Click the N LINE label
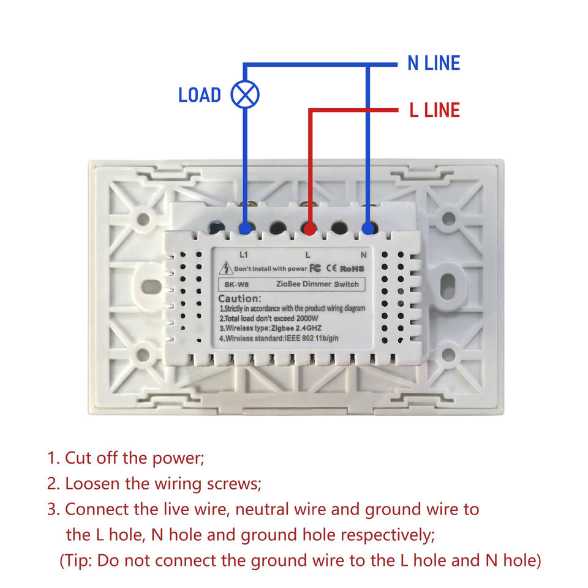(434, 63)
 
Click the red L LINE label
(434, 110)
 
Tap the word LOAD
(200, 95)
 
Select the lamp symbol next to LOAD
(245, 94)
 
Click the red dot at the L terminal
(310, 229)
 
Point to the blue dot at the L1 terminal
(245, 229)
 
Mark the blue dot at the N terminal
(367, 229)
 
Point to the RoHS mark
(352, 268)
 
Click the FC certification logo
(315, 268)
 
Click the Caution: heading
(240, 298)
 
